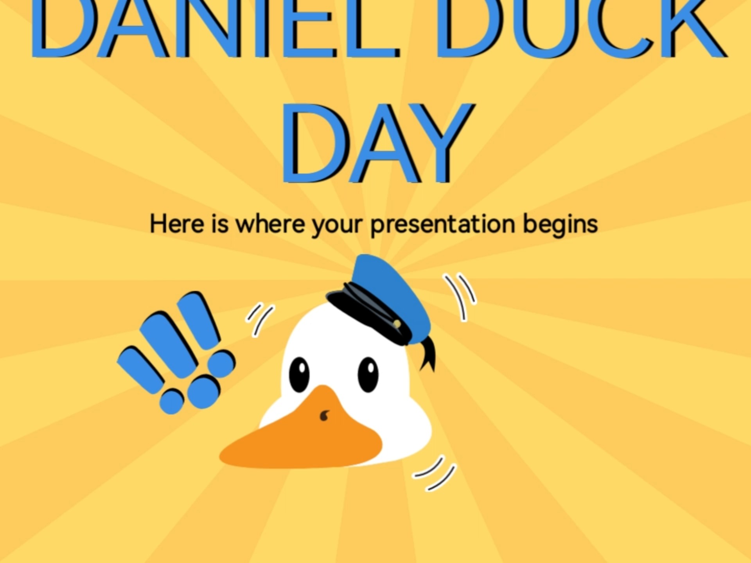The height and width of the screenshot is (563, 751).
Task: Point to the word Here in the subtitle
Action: tap(177, 224)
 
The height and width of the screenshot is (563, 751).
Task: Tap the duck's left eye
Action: tap(299, 374)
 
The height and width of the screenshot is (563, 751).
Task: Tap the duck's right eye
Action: tap(368, 374)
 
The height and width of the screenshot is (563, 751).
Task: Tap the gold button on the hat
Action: tap(397, 324)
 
